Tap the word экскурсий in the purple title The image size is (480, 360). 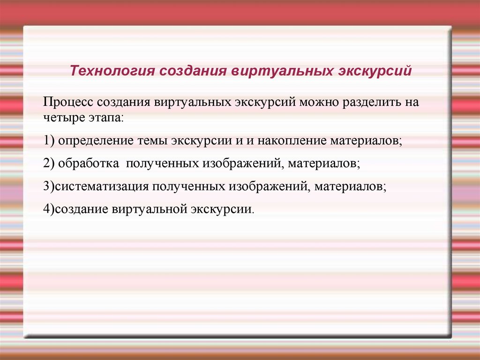pos(375,71)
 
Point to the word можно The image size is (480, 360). pos(319,102)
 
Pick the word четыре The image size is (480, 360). pos(64,118)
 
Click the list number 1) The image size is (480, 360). pos(49,141)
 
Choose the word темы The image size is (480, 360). pos(152,141)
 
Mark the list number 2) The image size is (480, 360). pos(49,163)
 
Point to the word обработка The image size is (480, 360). pos(89,163)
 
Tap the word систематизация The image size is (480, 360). pos(102,187)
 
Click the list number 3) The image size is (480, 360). pos(49,186)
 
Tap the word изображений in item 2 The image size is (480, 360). pos(240,164)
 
